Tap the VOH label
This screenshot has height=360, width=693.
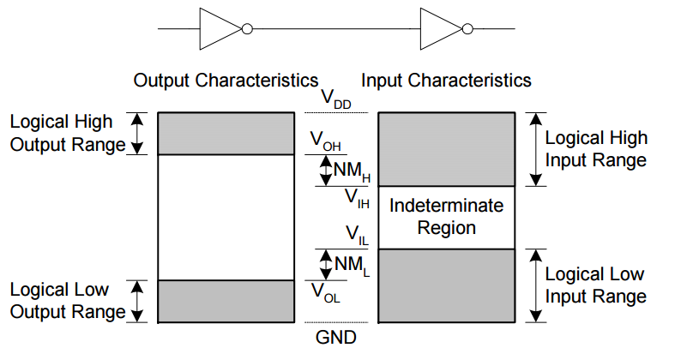(326, 141)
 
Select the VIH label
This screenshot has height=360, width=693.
(357, 198)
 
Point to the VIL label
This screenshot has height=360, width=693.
(357, 235)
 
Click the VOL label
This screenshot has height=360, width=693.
(326, 293)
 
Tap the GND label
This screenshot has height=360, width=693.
(336, 338)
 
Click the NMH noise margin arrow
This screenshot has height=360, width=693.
(326, 171)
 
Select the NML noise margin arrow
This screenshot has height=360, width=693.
(326, 265)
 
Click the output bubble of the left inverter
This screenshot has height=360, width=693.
(248, 29)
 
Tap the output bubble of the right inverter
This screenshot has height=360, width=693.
(467, 29)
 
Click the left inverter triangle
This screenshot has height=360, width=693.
(220, 28)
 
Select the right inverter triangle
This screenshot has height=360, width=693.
(441, 28)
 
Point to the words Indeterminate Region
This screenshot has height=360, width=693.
(446, 217)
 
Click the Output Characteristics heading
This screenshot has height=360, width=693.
(226, 81)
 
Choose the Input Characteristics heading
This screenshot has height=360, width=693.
(446, 81)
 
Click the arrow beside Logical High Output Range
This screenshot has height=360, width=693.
(137, 134)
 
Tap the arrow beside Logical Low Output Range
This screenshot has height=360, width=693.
(137, 301)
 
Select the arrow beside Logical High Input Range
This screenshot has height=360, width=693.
(536, 149)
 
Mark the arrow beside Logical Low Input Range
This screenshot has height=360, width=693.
(536, 285)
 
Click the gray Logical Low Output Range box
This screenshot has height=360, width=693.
(226, 301)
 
